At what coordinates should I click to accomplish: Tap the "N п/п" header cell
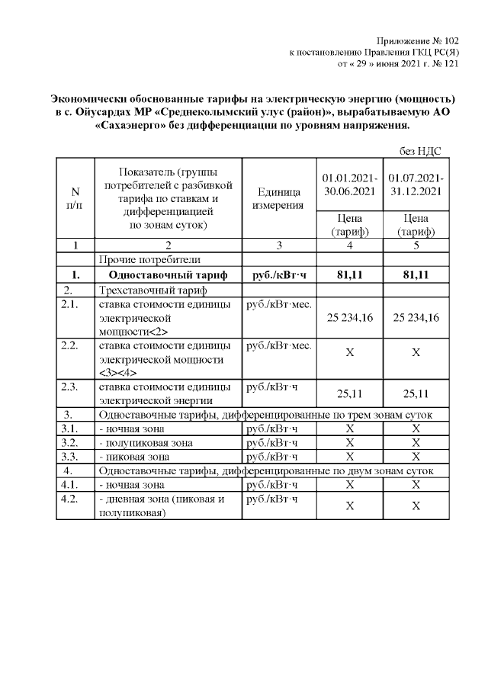(x=75, y=198)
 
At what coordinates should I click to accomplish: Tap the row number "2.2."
(x=72, y=346)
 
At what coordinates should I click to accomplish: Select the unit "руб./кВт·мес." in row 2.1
(x=277, y=305)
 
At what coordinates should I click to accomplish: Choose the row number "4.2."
(x=72, y=499)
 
